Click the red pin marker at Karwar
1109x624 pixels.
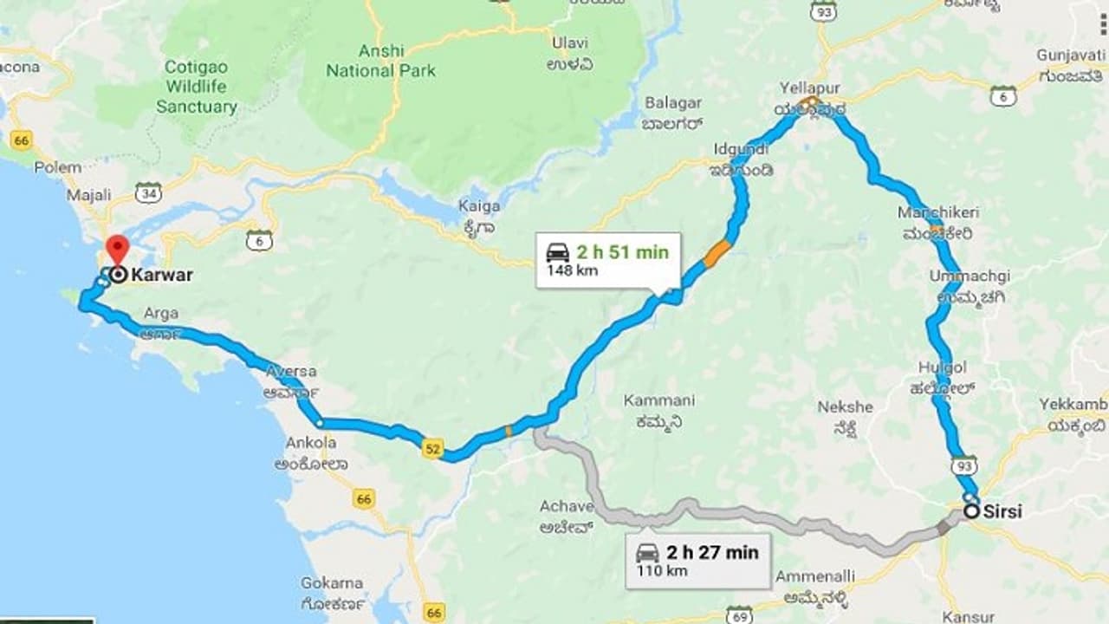116,248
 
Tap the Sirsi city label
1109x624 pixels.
1002,511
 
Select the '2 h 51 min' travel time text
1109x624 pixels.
622,252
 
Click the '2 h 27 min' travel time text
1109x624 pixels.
712,552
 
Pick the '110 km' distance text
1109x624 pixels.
662,570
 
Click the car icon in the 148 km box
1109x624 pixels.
558,252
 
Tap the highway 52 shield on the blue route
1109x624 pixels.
432,448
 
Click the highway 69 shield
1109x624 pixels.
739,614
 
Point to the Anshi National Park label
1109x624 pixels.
381,61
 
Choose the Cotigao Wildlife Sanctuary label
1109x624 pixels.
197,87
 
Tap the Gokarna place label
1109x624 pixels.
332,582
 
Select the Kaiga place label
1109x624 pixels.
480,206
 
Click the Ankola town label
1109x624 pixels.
311,443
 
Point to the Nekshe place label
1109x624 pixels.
845,406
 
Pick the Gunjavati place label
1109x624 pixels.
1071,55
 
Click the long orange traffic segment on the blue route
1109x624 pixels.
717,254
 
